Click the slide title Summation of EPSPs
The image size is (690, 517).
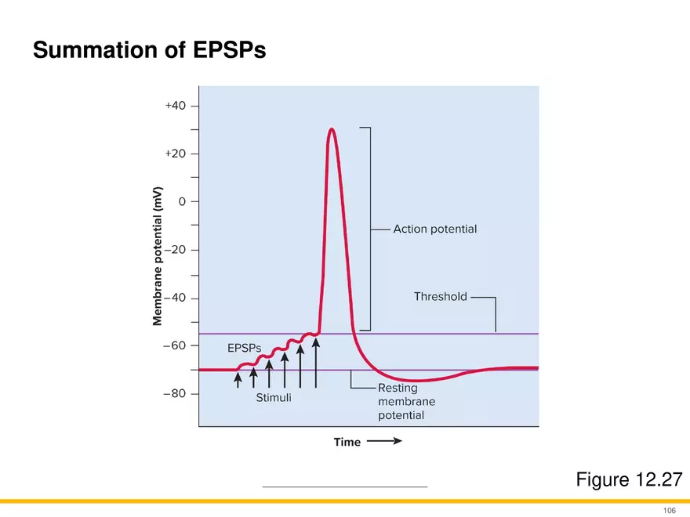149,52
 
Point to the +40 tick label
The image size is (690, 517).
176,105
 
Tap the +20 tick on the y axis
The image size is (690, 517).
176,154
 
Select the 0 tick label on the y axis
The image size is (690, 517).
182,201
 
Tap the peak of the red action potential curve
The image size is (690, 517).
332,129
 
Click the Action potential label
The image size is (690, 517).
434,230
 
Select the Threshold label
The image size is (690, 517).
440,297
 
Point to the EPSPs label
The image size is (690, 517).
244,347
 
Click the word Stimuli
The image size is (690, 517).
274,398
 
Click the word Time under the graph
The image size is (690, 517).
347,442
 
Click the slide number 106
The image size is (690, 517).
669,509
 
